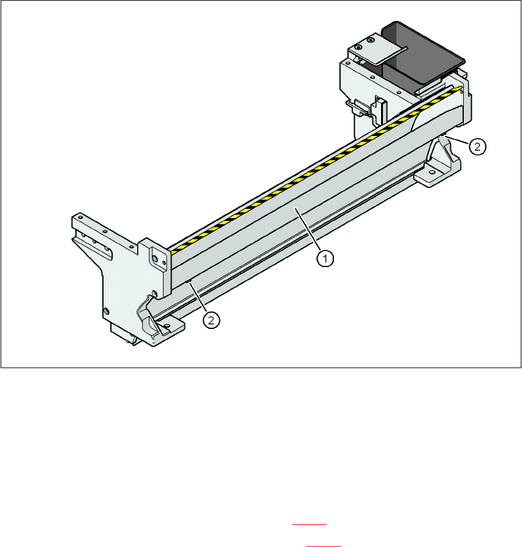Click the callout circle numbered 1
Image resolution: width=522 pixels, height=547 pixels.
point(325,259)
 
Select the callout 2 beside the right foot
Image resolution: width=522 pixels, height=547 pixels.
point(477,146)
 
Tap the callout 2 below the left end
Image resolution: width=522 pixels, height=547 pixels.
point(211,320)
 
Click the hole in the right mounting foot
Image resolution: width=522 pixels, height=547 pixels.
point(432,172)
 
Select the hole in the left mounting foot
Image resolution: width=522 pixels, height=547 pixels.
point(167,326)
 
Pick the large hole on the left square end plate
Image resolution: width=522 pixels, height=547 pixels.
point(154,258)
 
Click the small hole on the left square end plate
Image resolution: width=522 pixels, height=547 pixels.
point(164,263)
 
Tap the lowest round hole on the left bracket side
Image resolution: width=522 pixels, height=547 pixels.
point(107,311)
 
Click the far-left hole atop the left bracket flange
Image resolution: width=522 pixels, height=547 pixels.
point(81,217)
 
